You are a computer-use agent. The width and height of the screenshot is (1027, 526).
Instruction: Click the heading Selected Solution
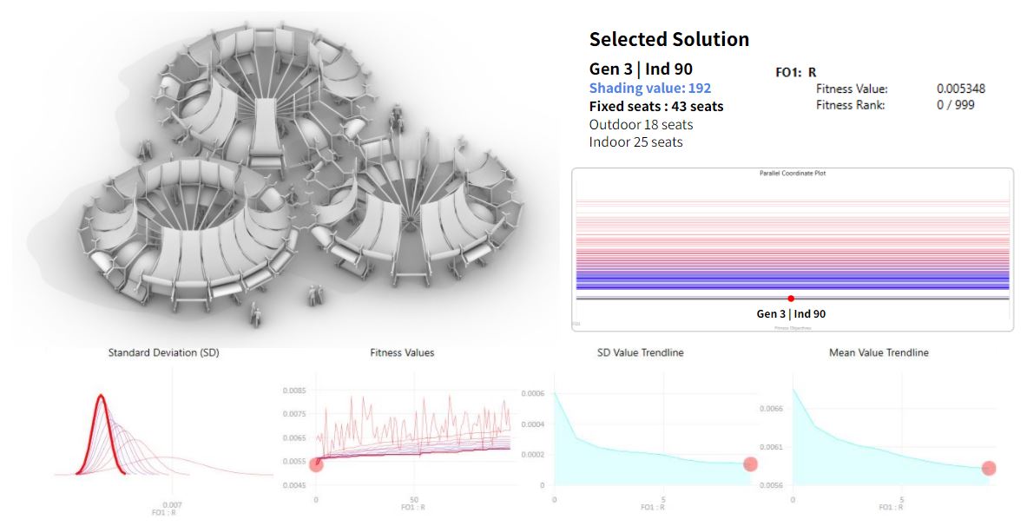(x=668, y=39)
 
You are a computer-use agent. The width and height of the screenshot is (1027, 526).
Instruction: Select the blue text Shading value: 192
(x=649, y=89)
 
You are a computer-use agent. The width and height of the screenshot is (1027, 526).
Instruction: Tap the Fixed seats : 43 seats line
(x=655, y=107)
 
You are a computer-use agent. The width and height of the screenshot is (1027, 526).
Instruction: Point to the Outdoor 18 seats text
(x=641, y=124)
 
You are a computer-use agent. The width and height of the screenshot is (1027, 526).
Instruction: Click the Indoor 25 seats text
(x=635, y=141)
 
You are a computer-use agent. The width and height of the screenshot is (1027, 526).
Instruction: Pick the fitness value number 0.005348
(x=961, y=89)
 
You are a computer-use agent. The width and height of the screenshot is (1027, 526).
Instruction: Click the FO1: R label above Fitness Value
(x=795, y=73)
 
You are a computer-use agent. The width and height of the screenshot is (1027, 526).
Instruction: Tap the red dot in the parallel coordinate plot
(x=791, y=299)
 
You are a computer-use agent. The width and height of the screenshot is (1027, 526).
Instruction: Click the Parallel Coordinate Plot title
(x=791, y=174)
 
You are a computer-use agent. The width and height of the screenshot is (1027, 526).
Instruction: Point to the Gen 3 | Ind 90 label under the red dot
(x=791, y=313)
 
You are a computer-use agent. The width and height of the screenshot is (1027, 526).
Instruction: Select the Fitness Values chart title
(x=402, y=353)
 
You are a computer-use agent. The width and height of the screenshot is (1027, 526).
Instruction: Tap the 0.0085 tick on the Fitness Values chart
(x=294, y=391)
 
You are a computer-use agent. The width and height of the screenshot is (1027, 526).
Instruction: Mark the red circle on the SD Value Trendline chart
(x=751, y=464)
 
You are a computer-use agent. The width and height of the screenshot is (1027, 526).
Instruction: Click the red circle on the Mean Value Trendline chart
(x=989, y=469)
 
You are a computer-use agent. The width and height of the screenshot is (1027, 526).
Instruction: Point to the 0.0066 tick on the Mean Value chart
(x=776, y=408)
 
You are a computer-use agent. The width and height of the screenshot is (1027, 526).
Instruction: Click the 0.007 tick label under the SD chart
(x=172, y=504)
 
